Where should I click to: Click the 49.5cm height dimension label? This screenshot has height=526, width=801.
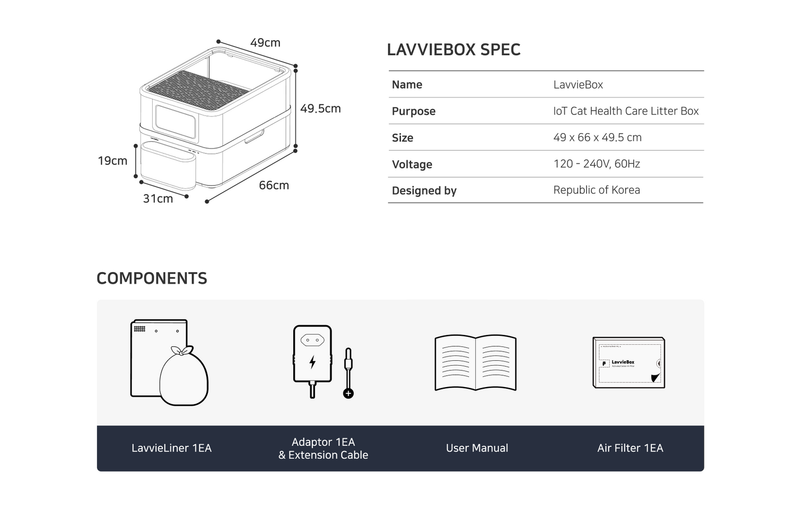(x=320, y=109)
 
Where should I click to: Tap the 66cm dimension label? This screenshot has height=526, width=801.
(x=274, y=185)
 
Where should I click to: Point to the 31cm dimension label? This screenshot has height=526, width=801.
(x=158, y=198)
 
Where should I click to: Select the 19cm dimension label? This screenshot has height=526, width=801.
(x=113, y=161)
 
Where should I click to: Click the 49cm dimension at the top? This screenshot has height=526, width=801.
(x=265, y=43)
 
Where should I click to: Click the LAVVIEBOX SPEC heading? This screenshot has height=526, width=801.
(x=454, y=49)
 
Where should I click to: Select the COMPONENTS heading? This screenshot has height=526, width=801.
(x=152, y=278)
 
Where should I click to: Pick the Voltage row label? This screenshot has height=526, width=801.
(x=412, y=164)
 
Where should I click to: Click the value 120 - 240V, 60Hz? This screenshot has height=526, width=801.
(x=597, y=164)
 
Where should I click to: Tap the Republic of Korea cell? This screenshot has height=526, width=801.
(x=597, y=190)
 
